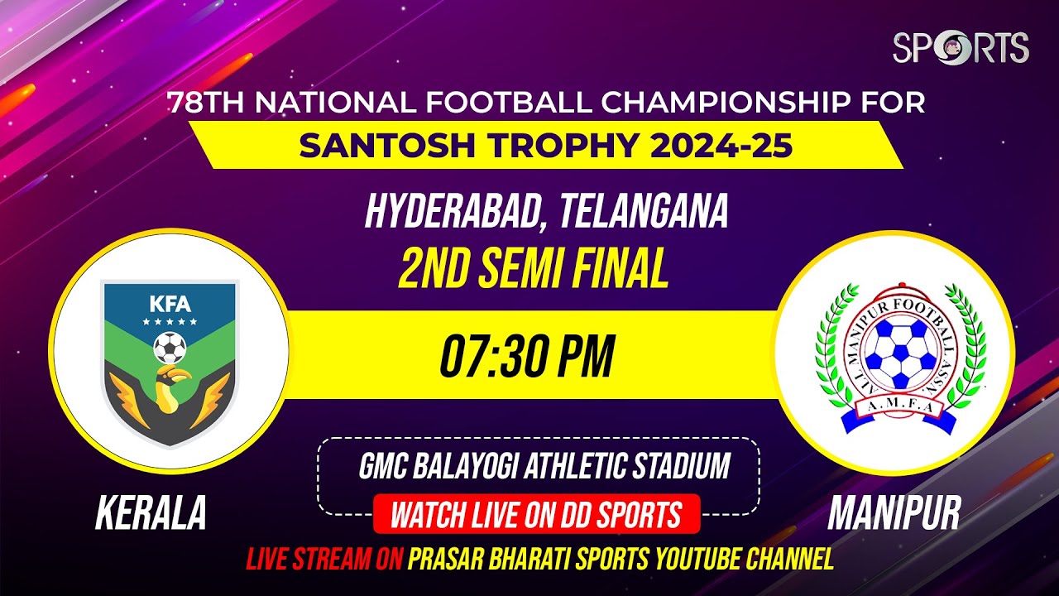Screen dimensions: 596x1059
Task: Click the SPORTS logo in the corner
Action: [961, 47]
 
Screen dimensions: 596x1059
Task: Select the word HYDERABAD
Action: [456, 213]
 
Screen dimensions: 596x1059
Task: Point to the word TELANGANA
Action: [645, 213]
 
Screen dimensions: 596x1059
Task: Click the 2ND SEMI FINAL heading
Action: [534, 268]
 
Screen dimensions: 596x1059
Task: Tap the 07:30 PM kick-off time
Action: [527, 356]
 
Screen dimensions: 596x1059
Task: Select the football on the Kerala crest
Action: [170, 348]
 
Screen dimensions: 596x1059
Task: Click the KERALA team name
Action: [151, 513]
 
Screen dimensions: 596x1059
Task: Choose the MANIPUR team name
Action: [894, 513]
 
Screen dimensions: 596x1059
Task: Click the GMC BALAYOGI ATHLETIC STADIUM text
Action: [544, 466]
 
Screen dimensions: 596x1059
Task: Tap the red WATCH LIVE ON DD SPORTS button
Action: [536, 515]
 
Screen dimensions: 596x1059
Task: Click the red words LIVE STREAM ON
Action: [323, 560]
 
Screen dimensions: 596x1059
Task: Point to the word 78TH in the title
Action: [207, 103]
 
